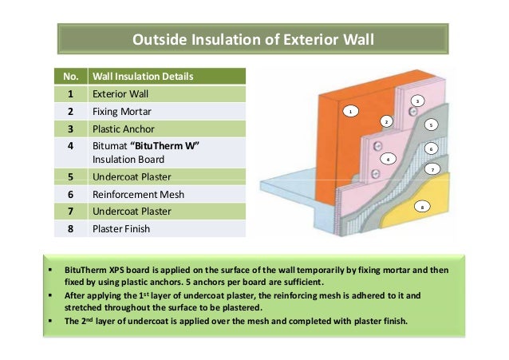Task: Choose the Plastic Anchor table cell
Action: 122,128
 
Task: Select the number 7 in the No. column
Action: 70,211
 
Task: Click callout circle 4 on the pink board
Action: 387,158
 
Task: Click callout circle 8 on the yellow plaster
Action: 422,206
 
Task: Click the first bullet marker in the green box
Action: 50,271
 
